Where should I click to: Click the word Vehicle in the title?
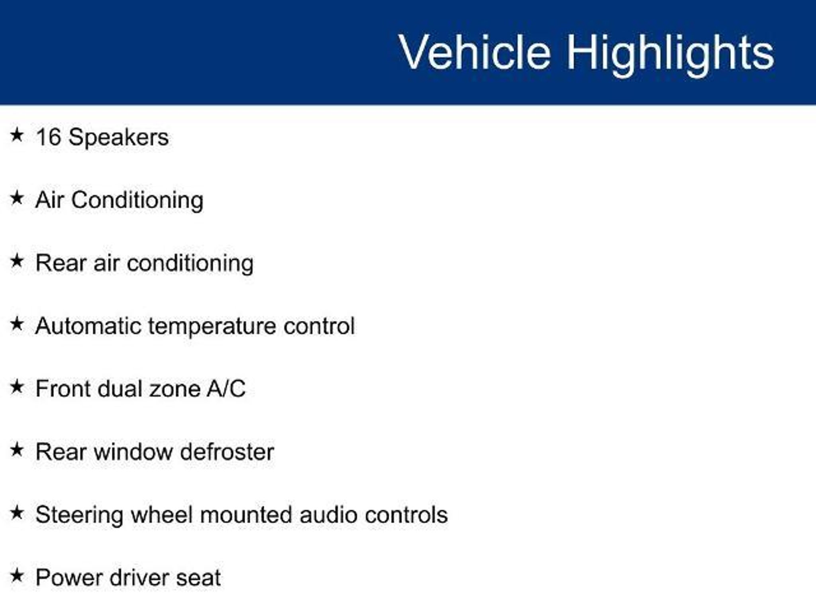475,52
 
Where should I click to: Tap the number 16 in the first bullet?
48,137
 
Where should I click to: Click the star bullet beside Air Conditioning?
17,198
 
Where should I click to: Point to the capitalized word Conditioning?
137,200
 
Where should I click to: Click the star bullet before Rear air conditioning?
17,261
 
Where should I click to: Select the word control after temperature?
319,326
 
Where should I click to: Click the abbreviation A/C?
226,388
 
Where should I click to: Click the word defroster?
227,452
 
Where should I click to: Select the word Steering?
80,516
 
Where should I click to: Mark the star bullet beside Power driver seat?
17,576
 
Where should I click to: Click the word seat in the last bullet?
198,579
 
